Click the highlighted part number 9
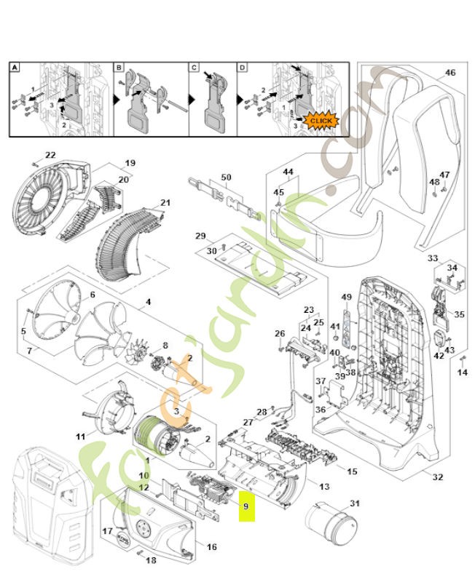(x=246, y=506)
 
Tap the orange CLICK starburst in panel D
(x=321, y=120)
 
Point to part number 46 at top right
(x=450, y=73)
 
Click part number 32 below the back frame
(x=437, y=477)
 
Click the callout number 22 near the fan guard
(x=50, y=155)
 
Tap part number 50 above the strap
(x=226, y=178)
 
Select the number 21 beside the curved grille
(x=165, y=202)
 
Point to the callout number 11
(x=81, y=436)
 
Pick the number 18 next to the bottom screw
(x=152, y=560)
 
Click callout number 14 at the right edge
(x=462, y=372)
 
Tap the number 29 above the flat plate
(x=200, y=236)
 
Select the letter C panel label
(x=195, y=68)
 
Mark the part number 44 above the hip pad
(x=288, y=172)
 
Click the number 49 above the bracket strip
(x=347, y=297)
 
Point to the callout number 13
(x=324, y=486)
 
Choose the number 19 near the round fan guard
(x=130, y=162)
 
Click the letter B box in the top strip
(x=119, y=68)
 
